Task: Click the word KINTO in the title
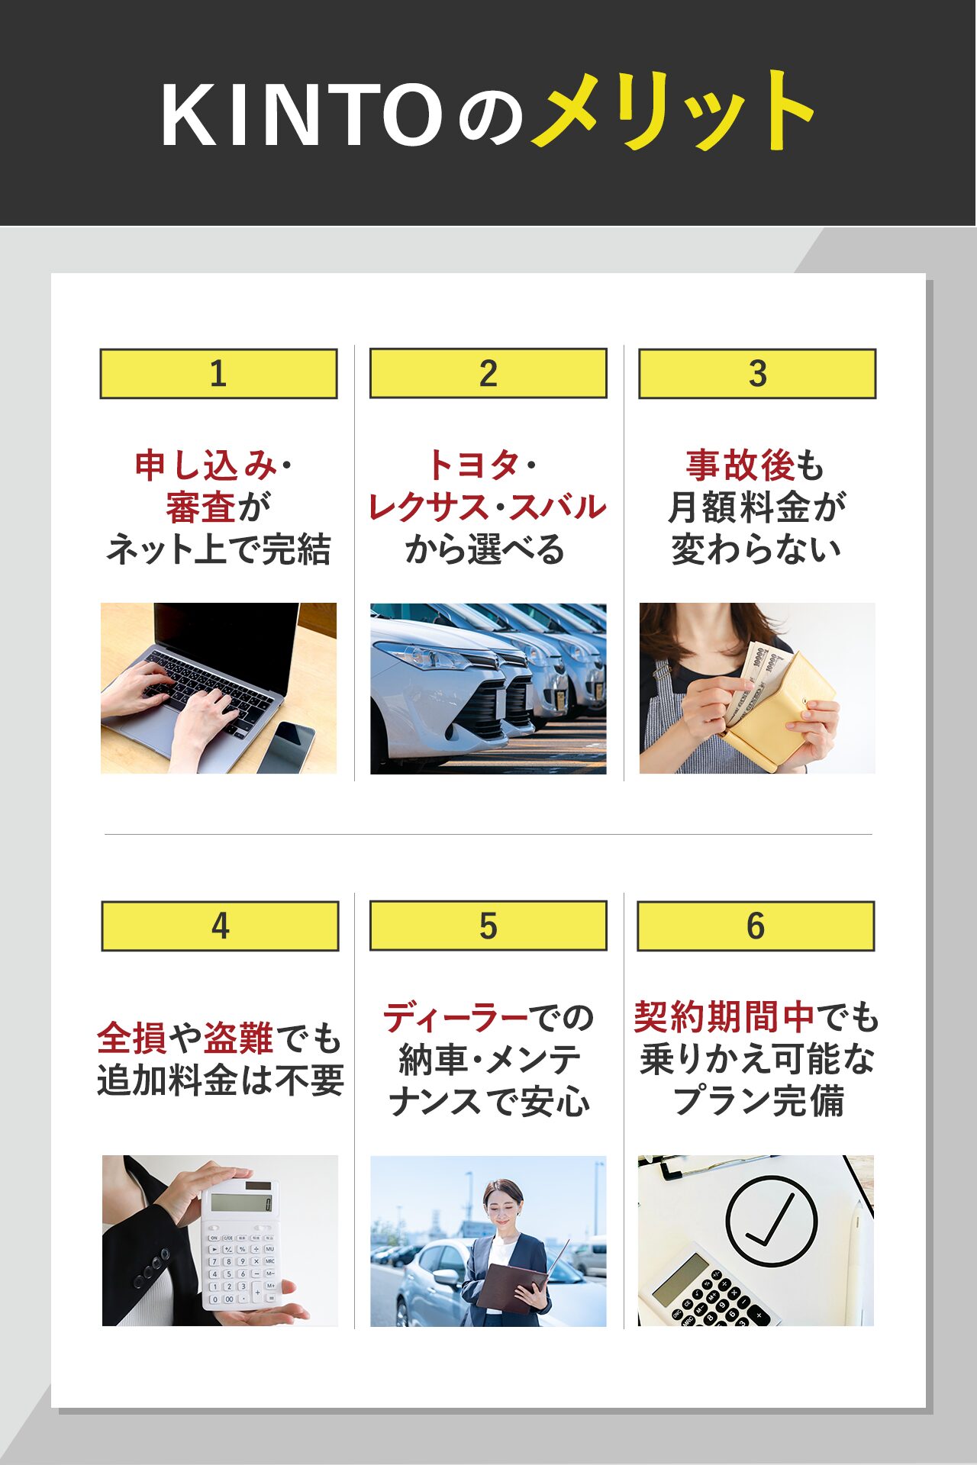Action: (x=301, y=114)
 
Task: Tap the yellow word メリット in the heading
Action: (x=672, y=111)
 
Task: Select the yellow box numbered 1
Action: (x=218, y=374)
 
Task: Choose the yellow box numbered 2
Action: (x=488, y=373)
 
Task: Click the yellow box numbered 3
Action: (x=757, y=374)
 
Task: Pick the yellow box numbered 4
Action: (x=220, y=926)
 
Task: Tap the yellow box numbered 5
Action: (x=488, y=926)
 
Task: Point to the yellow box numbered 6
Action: (x=756, y=926)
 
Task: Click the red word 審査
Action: (x=200, y=507)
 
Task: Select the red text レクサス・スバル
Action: (x=487, y=507)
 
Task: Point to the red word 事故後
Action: (x=740, y=465)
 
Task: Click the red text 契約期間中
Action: (x=724, y=1017)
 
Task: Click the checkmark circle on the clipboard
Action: (x=772, y=1222)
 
